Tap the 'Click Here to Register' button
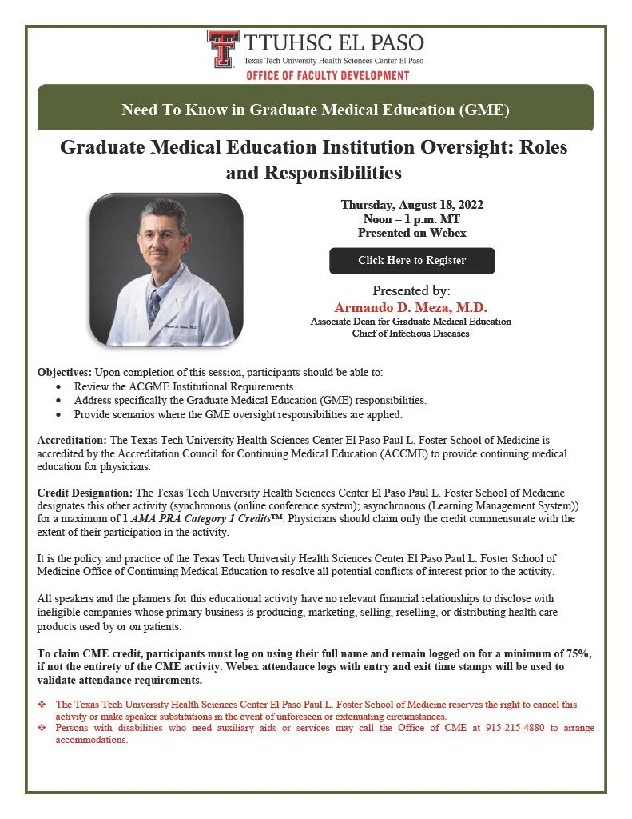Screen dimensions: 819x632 point(411,261)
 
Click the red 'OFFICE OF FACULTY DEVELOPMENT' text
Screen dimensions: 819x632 point(328,75)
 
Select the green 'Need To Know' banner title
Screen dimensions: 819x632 point(315,110)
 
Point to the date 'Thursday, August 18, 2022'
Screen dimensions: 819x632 point(411,205)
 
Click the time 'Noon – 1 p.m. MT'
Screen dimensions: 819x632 point(411,219)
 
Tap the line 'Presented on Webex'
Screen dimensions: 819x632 point(411,233)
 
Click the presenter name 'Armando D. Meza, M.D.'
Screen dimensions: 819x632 point(411,307)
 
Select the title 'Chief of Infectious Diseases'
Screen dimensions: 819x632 point(411,333)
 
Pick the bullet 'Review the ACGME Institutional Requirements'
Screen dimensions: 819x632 point(173,386)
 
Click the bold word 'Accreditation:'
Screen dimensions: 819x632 point(72,441)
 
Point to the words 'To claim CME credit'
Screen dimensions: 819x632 point(89,654)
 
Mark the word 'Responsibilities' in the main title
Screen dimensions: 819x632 point(313,172)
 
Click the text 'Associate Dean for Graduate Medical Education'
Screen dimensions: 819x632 point(411,321)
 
